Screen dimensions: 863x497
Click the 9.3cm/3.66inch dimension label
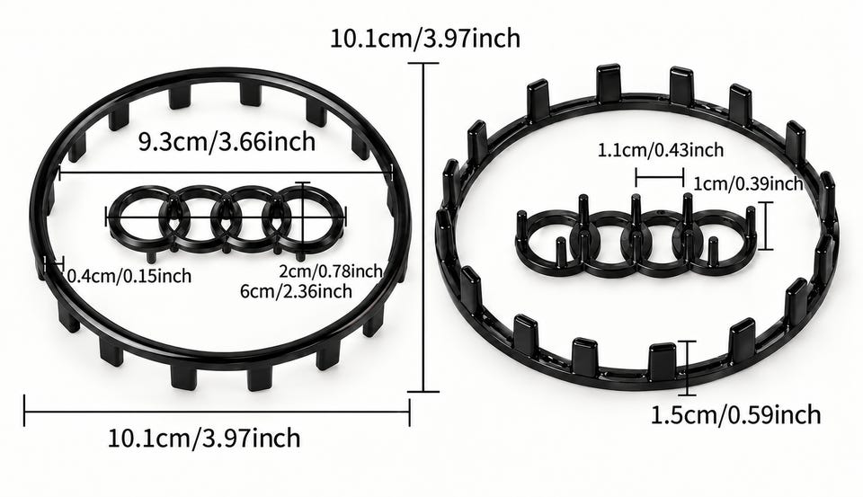pyautogui.click(x=227, y=142)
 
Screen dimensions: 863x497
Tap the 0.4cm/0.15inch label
pyautogui.click(x=129, y=275)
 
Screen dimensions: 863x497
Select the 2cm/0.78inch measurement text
pyautogui.click(x=330, y=271)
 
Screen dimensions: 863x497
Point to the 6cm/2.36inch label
pyautogui.click(x=296, y=290)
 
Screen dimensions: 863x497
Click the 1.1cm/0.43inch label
pyautogui.click(x=661, y=150)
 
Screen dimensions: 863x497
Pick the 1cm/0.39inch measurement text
pyautogui.click(x=749, y=182)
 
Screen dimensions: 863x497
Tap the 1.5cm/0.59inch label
pyautogui.click(x=736, y=414)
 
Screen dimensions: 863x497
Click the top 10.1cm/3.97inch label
pyautogui.click(x=425, y=39)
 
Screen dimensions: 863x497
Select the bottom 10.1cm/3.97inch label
pyautogui.click(x=204, y=438)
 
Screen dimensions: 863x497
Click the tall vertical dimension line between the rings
pyautogui.click(x=423, y=227)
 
